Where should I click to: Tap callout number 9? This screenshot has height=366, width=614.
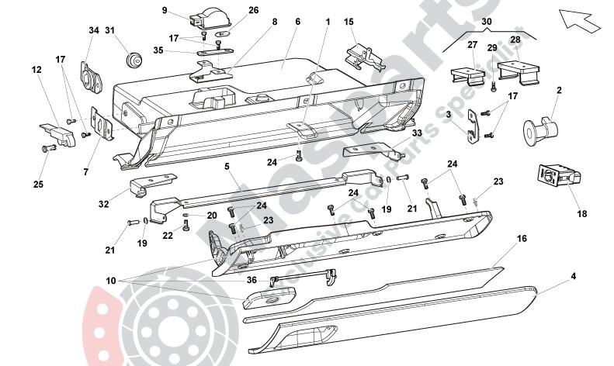pyautogui.click(x=165, y=10)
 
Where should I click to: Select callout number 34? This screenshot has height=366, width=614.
pyautogui.click(x=94, y=30)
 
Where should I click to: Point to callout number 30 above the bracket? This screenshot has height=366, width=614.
pyautogui.click(x=486, y=22)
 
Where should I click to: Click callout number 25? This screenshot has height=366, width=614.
pyautogui.click(x=39, y=184)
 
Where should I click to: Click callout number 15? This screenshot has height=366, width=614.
pyautogui.click(x=349, y=22)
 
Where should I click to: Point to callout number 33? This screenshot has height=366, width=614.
pyautogui.click(x=418, y=133)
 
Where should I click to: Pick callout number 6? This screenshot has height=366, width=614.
pyautogui.click(x=297, y=22)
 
